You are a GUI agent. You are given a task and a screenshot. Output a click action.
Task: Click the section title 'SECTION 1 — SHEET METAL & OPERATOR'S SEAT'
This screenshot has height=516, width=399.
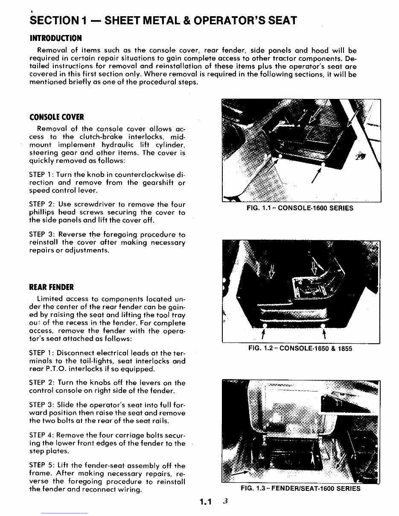[163, 20]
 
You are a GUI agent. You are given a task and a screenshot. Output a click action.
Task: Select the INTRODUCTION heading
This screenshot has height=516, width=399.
[55, 38]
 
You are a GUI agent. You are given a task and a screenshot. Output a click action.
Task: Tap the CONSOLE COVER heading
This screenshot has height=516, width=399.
[57, 117]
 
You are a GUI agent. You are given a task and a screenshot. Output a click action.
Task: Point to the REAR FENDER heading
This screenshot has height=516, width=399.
[52, 287]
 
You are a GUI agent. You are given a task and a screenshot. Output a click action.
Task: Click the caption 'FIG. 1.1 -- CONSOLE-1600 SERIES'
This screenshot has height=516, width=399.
[300, 209]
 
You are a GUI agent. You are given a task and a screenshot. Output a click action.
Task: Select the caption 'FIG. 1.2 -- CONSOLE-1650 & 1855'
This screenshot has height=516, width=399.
[300, 348]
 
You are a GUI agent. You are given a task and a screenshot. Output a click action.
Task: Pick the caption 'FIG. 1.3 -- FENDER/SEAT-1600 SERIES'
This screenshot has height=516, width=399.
[300, 488]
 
